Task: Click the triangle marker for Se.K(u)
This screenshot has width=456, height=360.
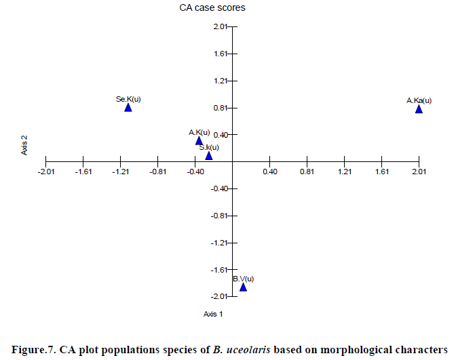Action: pos(128,107)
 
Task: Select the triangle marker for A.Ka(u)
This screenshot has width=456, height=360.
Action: pos(419,108)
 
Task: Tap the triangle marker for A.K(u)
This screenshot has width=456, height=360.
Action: pos(199,141)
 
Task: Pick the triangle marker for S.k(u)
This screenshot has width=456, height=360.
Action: pos(209,156)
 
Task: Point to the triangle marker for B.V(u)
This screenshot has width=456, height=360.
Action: pos(243,287)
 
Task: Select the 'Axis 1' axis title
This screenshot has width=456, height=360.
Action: pos(213,314)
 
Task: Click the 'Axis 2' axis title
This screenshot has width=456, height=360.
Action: pos(24,145)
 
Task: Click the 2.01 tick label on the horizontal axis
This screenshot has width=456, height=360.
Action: pos(419,172)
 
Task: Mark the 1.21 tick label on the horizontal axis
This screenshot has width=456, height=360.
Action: pos(344,172)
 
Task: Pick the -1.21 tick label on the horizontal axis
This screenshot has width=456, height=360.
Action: pos(120,172)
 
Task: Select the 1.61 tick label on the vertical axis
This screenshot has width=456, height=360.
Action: pos(220,54)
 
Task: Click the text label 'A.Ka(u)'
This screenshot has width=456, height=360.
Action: pos(419,100)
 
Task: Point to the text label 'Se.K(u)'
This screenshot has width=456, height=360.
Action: pos(128,99)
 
